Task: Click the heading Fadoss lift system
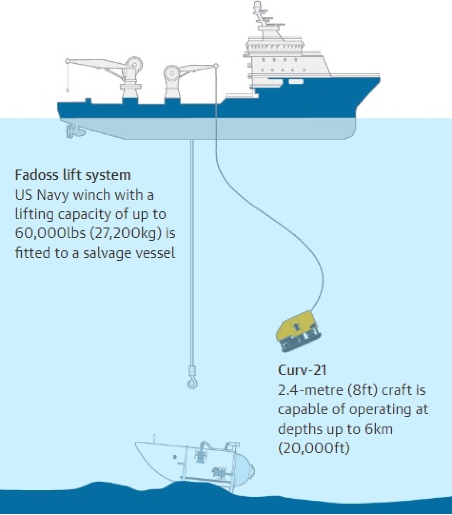click(73, 175)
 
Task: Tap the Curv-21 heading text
click(302, 370)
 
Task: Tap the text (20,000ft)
click(313, 448)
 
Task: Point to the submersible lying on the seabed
click(195, 461)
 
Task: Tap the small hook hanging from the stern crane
click(67, 89)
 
